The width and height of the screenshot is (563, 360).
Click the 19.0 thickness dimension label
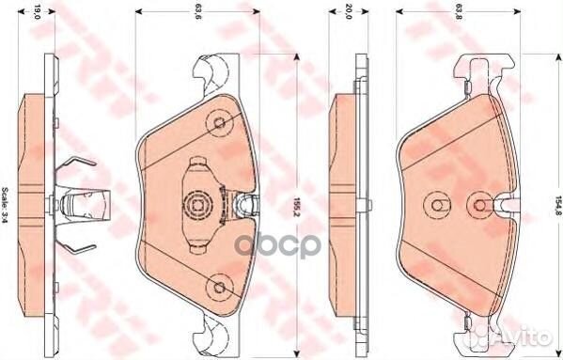coord(37,13)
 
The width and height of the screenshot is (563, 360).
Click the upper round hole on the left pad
coord(219,123)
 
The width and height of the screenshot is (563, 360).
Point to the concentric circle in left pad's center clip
coord(198,203)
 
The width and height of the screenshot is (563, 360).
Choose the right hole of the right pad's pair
coord(482,203)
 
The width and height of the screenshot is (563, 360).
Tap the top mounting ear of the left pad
coord(214,70)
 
